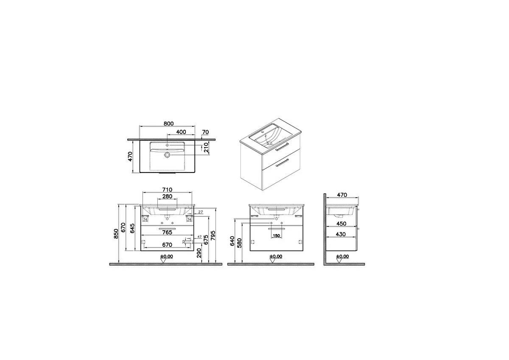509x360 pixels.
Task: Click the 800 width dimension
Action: coord(168,124)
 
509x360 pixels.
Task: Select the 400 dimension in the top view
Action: coord(181,132)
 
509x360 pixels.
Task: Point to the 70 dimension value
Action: coord(205,132)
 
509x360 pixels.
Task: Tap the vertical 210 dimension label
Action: coord(206,148)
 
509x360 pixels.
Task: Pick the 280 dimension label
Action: coord(167,197)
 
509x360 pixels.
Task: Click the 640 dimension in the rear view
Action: coord(232,241)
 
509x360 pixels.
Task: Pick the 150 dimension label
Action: coord(276,236)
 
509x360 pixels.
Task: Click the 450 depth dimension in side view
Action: coord(341,223)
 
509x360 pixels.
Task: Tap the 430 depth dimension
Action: coord(341,234)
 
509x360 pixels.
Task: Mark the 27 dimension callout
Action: coord(201,212)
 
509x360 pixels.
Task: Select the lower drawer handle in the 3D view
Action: coord(282,163)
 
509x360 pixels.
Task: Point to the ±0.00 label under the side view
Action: coord(342,256)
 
